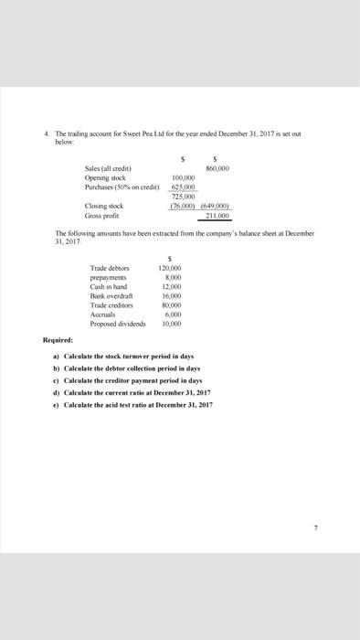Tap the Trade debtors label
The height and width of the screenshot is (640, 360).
[x=110, y=268]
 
